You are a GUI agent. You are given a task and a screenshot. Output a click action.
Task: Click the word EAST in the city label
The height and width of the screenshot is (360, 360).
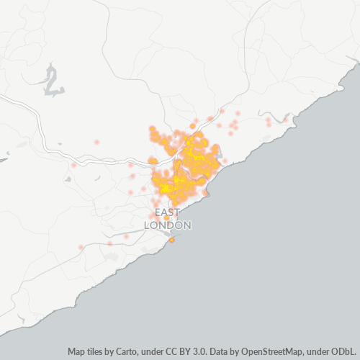click(x=167, y=212)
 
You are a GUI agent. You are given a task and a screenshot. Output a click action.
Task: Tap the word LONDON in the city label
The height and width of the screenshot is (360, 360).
click(x=168, y=225)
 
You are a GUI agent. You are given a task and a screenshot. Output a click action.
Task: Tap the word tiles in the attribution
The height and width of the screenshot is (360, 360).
click(x=96, y=352)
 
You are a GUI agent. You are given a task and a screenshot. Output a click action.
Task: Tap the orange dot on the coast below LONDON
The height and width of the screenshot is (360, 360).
click(x=172, y=240)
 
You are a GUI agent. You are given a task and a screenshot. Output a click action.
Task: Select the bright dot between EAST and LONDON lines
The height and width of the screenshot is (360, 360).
click(x=167, y=218)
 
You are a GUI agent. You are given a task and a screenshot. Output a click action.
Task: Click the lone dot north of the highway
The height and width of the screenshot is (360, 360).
click(x=97, y=142)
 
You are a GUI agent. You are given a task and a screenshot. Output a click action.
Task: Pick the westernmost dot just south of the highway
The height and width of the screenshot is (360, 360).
click(x=73, y=166)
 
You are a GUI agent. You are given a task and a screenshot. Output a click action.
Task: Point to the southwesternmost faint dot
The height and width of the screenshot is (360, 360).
click(x=81, y=247)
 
